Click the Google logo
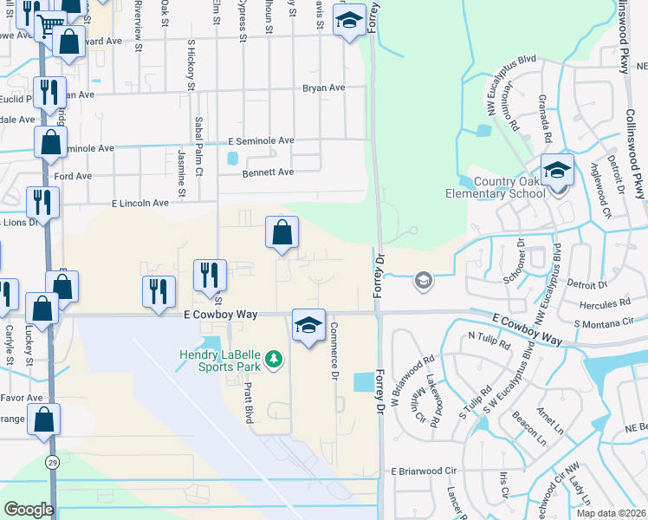(29, 510)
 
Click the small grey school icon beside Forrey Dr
(423, 279)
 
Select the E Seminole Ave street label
(261, 140)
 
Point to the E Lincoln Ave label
(140, 203)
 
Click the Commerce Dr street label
(334, 355)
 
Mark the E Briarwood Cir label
(424, 471)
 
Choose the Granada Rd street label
(546, 118)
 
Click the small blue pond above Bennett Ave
(232, 159)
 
